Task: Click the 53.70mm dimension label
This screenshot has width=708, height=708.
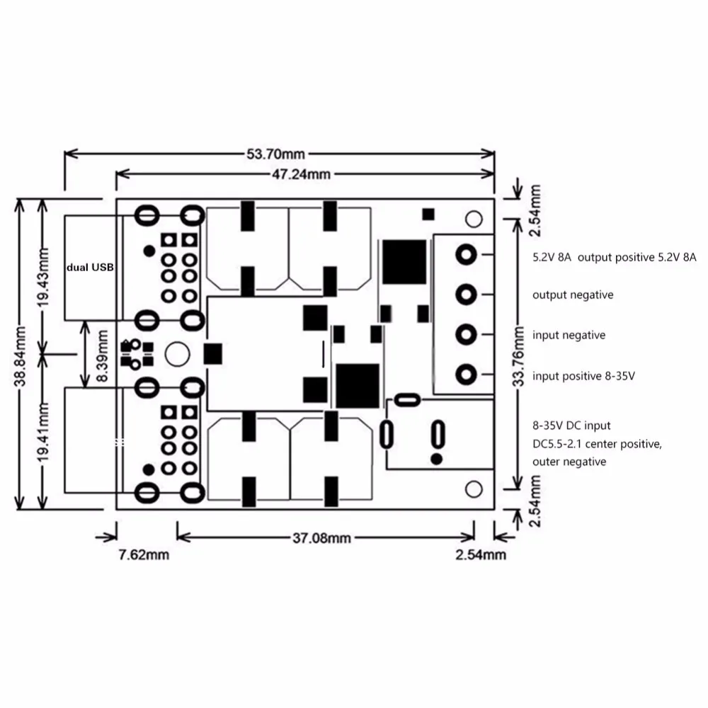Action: (275, 154)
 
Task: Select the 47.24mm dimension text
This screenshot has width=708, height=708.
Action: (301, 174)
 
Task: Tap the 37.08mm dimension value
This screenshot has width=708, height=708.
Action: (321, 538)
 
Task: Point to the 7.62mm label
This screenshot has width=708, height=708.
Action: (144, 555)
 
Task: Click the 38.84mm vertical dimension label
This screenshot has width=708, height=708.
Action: (21, 357)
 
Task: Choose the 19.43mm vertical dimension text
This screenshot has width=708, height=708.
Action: (43, 278)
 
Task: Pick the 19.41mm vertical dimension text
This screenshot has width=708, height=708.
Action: (43, 433)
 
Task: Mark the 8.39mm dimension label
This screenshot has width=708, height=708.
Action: (103, 356)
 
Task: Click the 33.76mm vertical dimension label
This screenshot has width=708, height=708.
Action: (519, 357)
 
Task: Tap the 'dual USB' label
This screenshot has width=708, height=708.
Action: (91, 268)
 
